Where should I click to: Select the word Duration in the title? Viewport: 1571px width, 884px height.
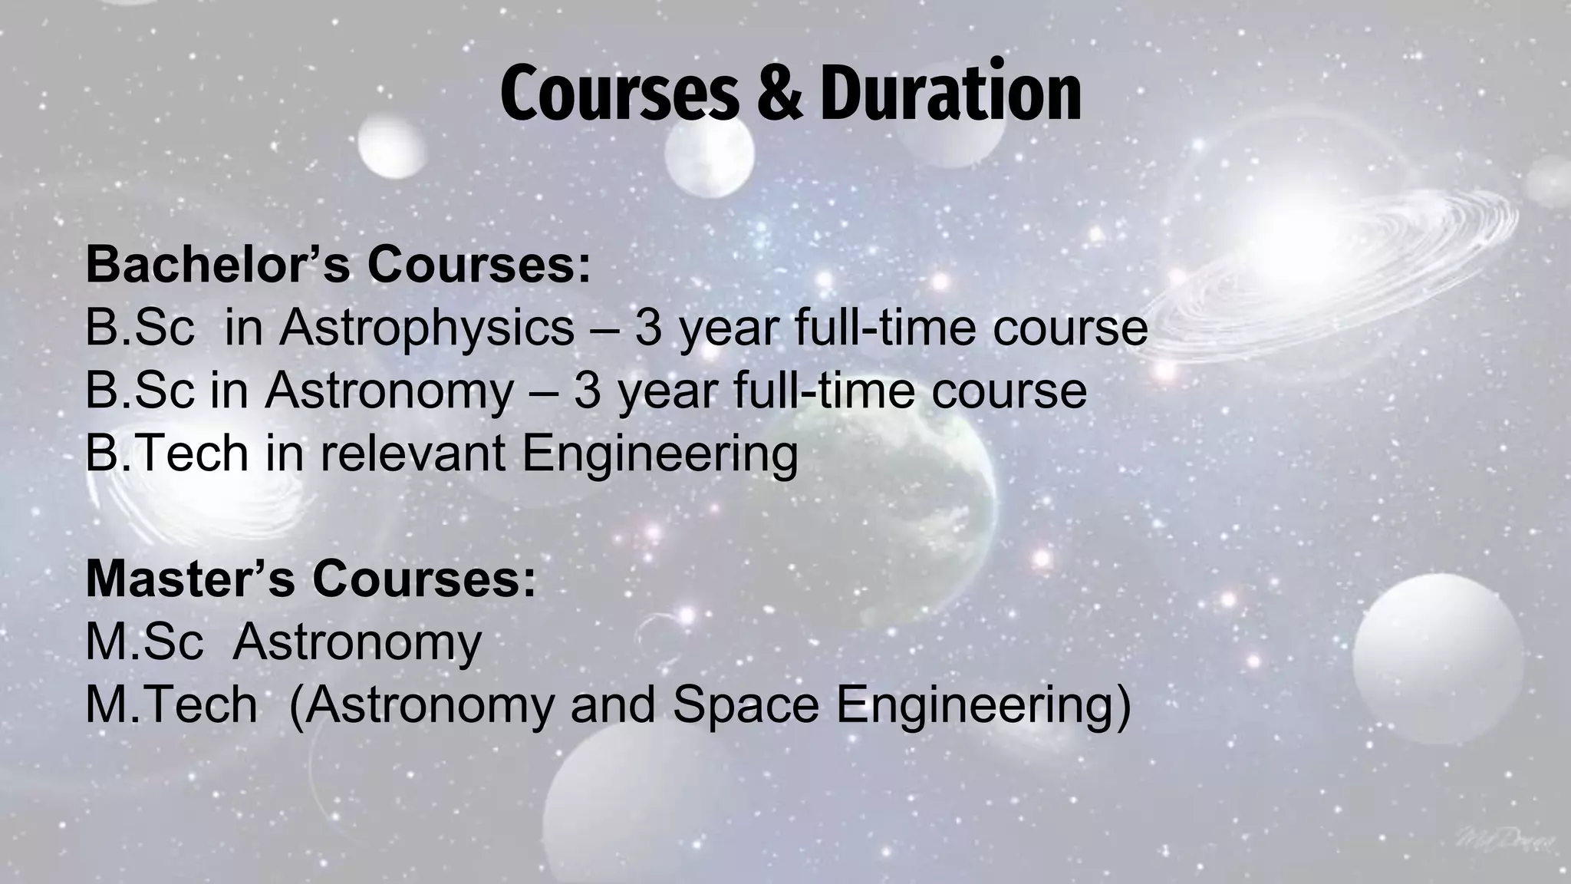pyautogui.click(x=950, y=94)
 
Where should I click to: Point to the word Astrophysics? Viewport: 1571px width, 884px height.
pyautogui.click(x=427, y=329)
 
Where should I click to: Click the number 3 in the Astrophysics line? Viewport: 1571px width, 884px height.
pyautogui.click(x=648, y=328)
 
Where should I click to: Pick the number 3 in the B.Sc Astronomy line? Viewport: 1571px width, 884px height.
pyautogui.click(x=587, y=391)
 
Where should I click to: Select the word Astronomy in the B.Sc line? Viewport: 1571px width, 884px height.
pyautogui.click(x=389, y=392)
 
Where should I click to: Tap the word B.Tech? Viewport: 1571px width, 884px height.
pyautogui.click(x=166, y=453)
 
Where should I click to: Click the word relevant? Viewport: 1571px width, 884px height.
pyautogui.click(x=413, y=453)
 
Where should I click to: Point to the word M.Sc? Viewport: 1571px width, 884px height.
pyautogui.click(x=144, y=642)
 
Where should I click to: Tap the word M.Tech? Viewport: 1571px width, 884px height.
pyautogui.click(x=171, y=704)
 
